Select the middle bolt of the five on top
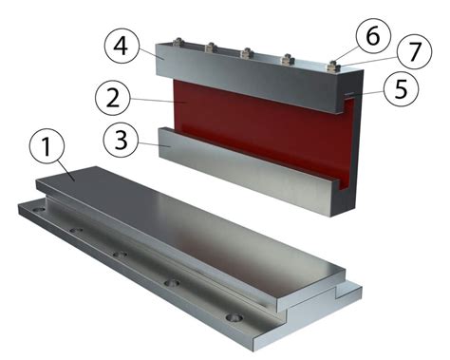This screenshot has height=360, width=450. (x=248, y=52)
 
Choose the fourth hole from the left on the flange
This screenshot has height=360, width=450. (x=172, y=282)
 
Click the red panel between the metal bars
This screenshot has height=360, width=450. (x=256, y=128)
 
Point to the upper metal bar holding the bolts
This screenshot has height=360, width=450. (x=247, y=81)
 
